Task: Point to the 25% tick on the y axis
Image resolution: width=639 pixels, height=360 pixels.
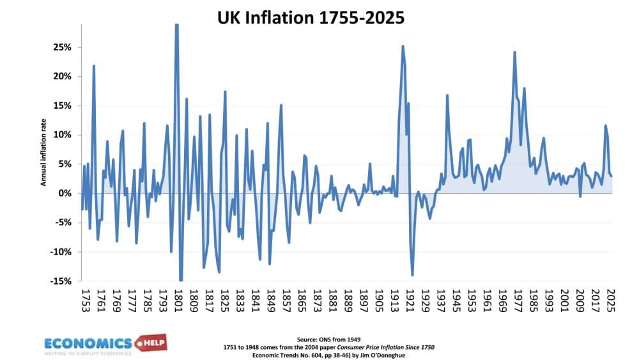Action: [x=63, y=47]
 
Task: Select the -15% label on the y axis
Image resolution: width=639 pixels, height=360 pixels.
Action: [x=61, y=281]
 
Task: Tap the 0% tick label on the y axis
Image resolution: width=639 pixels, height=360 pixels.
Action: [x=65, y=193]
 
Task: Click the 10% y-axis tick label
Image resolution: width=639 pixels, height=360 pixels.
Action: [x=63, y=135]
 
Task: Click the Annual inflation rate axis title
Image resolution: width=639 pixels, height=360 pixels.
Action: [x=44, y=154]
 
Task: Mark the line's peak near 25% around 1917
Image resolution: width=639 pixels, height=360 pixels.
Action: [x=403, y=46]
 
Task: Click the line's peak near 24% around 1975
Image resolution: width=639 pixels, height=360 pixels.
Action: [x=514, y=52]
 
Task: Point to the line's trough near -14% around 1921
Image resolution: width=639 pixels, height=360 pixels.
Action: [x=412, y=275]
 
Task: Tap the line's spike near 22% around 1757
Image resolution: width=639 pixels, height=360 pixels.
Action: [x=94, y=66]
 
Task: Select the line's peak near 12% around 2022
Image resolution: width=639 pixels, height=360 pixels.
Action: [x=605, y=125]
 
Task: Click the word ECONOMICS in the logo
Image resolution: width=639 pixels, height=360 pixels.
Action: [x=88, y=343]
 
